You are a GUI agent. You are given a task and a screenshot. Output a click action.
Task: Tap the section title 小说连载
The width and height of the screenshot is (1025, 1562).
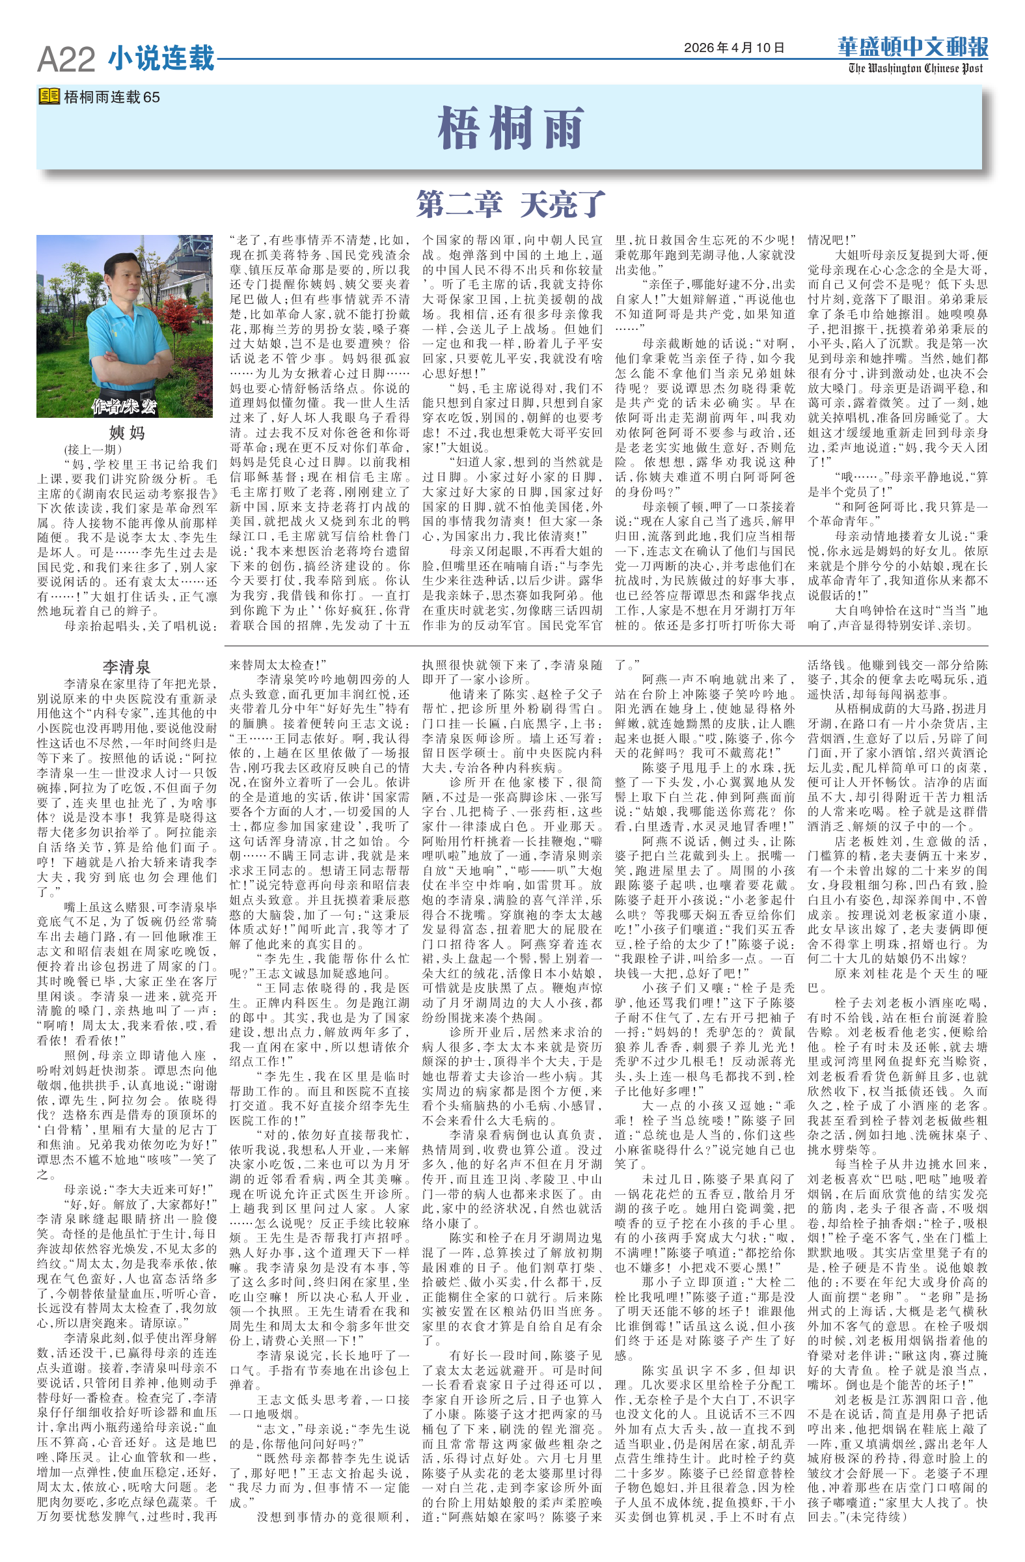point(161,58)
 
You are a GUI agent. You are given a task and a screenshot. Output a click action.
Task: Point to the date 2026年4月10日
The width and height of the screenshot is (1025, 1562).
point(733,48)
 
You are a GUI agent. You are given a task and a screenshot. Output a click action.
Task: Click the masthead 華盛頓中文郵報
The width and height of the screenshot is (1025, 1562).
point(912,48)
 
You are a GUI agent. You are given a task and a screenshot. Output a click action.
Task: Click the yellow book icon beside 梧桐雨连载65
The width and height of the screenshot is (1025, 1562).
point(49,96)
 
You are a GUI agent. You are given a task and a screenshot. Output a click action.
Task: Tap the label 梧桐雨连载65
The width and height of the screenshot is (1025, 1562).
point(111,97)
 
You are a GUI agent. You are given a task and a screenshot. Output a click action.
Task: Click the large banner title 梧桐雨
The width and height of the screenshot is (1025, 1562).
point(510,129)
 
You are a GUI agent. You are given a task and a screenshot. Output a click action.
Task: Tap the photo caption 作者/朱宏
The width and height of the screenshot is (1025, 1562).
point(125,406)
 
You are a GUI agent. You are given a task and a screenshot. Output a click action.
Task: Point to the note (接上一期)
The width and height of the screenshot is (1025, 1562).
point(92,450)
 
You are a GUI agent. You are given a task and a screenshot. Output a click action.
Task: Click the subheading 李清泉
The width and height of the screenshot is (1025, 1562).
point(126,668)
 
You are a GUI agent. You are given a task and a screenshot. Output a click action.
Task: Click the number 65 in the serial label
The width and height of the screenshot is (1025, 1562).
point(152,97)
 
